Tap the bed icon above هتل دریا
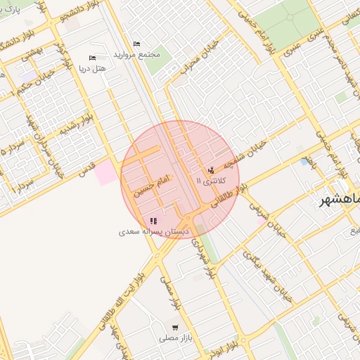(92, 58)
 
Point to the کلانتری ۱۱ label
(212, 181)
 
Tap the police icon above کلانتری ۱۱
(212, 169)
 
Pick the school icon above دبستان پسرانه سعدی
(153, 220)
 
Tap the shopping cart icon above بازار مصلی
(174, 328)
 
